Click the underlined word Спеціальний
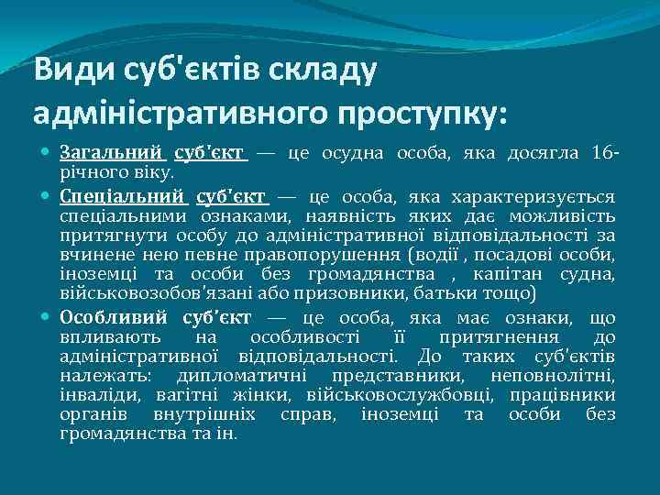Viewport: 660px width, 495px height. pos(123,196)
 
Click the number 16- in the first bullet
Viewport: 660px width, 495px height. pos(605,152)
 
